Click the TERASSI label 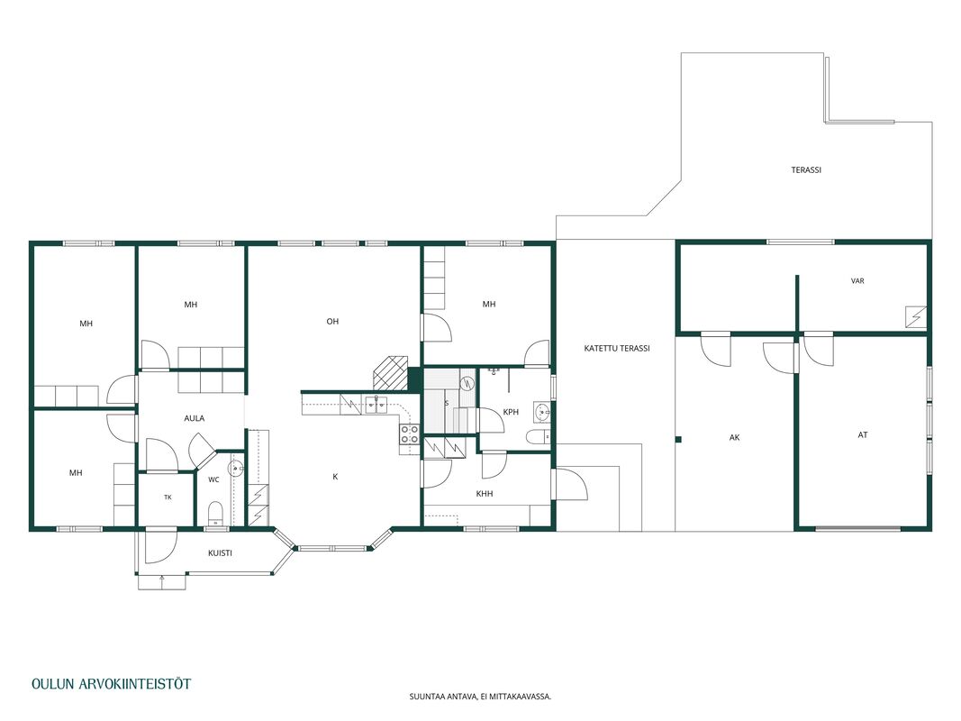tap(806, 169)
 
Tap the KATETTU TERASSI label tap(617, 348)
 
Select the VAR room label tap(857, 281)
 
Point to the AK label tap(734, 438)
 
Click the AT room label tap(862, 435)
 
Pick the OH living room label tap(332, 321)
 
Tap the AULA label tap(195, 418)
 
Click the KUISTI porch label tap(220, 553)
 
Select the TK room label tap(168, 497)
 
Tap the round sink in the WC tap(236, 469)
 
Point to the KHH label tap(485, 494)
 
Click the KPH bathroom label tap(511, 412)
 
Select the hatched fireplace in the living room tap(388, 372)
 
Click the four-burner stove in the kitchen tap(410, 434)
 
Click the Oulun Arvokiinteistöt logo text tap(111, 684)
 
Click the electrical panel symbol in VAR tap(916, 317)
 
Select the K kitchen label tap(335, 477)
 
